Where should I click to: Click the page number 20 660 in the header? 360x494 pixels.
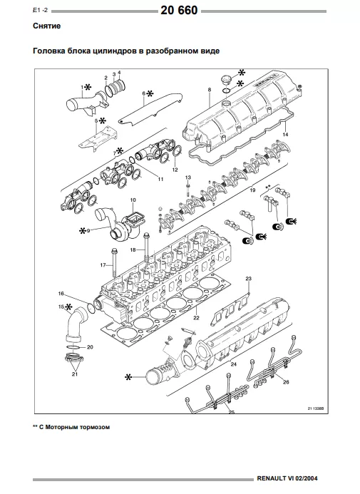click(179, 11)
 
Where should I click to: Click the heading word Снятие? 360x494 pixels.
click(46, 26)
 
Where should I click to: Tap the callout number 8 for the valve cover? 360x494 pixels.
click(210, 90)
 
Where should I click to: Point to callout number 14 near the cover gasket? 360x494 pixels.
click(285, 135)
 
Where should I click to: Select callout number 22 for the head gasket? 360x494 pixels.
click(196, 318)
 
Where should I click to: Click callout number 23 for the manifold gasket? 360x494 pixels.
click(249, 279)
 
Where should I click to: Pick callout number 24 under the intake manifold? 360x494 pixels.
click(233, 364)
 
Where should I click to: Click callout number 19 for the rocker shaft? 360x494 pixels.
click(252, 190)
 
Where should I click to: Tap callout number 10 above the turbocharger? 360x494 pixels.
click(133, 200)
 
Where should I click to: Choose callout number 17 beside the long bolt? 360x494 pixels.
click(103, 265)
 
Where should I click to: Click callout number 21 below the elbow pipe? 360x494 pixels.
click(75, 374)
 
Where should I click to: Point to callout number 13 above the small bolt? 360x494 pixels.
click(188, 177)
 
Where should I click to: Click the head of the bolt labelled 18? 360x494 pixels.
click(145, 235)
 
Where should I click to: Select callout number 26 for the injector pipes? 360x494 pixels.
click(286, 382)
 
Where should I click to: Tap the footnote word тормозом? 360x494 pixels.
click(96, 427)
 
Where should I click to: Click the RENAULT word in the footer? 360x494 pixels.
click(272, 478)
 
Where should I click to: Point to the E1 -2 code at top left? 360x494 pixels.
click(41, 10)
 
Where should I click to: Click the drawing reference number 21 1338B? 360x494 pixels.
click(316, 408)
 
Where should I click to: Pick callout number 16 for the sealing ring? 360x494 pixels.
click(61, 294)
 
